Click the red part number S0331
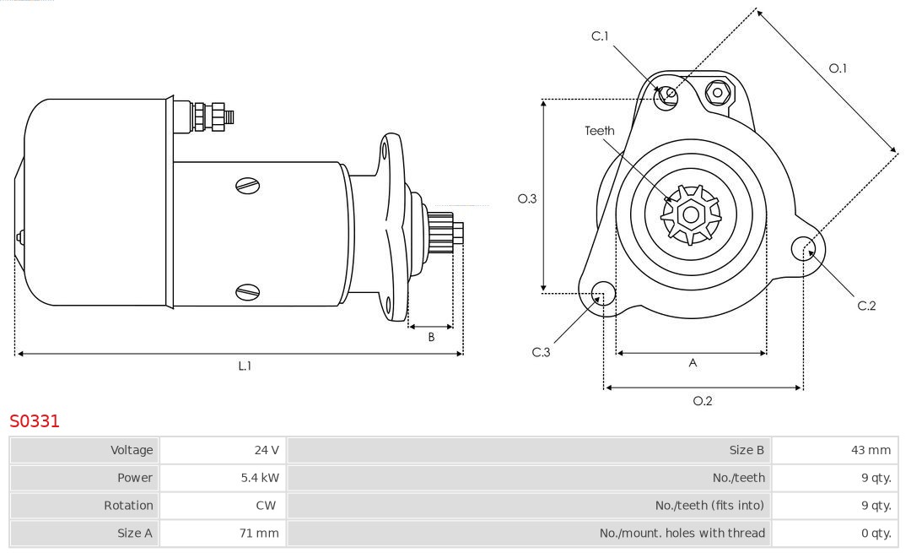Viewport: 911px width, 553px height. [x=35, y=421]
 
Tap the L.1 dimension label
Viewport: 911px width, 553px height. [x=245, y=366]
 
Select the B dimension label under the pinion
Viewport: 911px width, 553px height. [x=431, y=337]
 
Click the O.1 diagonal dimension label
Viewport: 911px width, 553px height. [x=838, y=68]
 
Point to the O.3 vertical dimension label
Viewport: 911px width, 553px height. [x=527, y=198]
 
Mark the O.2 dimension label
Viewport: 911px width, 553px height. [x=703, y=401]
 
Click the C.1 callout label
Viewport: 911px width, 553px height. [x=600, y=35]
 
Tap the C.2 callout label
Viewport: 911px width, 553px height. [x=867, y=306]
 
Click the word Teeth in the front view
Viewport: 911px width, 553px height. [x=600, y=131]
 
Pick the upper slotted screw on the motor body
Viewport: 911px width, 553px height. [x=247, y=185]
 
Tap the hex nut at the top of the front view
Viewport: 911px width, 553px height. [x=718, y=91]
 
